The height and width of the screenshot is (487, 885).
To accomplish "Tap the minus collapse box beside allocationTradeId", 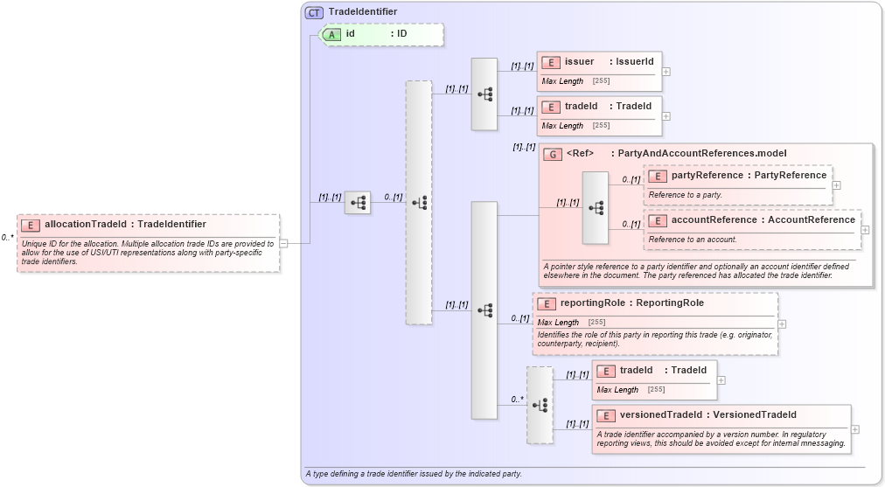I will (x=283, y=243).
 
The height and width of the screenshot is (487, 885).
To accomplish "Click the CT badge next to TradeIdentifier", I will (x=314, y=12).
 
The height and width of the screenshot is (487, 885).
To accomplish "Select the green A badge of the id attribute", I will (x=332, y=34).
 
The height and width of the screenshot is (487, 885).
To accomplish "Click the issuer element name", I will (x=579, y=62).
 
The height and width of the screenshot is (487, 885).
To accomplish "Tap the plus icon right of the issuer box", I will (x=666, y=72).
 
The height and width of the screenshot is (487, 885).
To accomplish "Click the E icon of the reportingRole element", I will (x=547, y=303).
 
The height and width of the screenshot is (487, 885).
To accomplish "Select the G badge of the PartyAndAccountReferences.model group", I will (x=553, y=154).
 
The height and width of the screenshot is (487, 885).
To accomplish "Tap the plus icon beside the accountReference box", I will (x=866, y=230).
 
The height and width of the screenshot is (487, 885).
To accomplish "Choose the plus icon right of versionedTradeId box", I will (x=855, y=429).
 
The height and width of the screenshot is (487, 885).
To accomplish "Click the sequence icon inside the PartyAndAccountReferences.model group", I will (x=596, y=208).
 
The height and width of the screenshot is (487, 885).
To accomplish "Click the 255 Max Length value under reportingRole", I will (x=597, y=323).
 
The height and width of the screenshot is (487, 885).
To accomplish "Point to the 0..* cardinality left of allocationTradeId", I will (x=7, y=237).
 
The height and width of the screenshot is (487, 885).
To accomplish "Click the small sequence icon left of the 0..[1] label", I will (x=358, y=203).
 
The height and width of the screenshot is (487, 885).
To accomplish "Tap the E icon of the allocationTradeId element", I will (x=31, y=225).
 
